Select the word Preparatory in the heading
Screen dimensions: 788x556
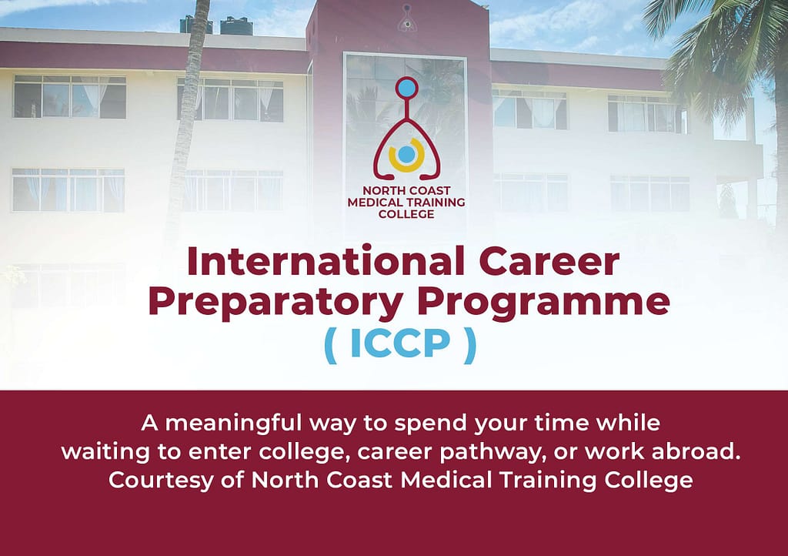275,303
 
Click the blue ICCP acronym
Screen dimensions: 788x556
400,344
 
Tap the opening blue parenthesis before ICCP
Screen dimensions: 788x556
330,344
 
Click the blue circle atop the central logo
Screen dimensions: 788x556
406,88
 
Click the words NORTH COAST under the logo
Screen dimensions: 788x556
406,190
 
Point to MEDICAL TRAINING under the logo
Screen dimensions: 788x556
406,202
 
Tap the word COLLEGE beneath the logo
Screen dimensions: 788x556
406,214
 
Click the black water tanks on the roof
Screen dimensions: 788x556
216,25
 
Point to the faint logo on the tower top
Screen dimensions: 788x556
405,18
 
